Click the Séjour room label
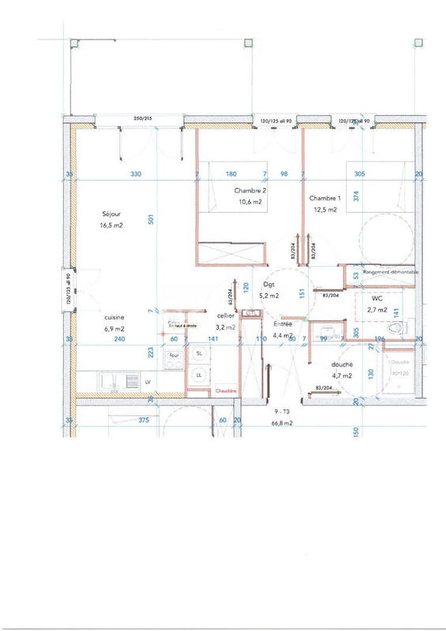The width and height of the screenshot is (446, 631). pos(112,214)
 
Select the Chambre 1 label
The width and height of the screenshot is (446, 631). pos(324,198)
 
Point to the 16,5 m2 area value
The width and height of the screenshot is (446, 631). pos(111,226)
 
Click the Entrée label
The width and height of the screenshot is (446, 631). pos(283,324)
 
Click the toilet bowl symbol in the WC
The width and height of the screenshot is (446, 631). pos(399,327)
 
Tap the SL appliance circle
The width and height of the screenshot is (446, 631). pos(199,354)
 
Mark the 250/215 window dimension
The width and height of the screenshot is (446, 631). pos(144,118)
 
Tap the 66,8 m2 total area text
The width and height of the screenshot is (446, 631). pos(283,423)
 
